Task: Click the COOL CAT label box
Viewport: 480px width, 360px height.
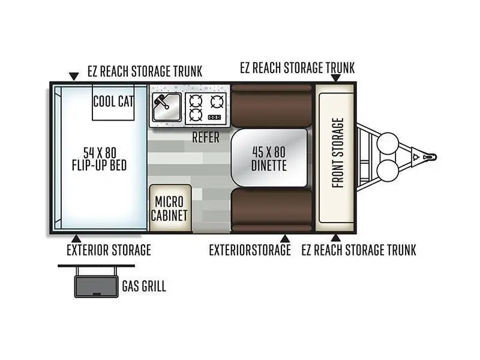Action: (x=113, y=103)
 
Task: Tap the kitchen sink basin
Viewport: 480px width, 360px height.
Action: (x=167, y=107)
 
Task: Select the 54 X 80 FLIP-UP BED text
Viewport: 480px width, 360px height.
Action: (x=99, y=159)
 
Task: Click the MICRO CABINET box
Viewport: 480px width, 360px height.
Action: (x=170, y=208)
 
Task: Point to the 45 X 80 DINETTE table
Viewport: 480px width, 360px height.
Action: (x=269, y=158)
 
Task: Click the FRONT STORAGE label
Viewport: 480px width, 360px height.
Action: (x=338, y=153)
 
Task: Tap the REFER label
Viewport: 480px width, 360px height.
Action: (x=206, y=137)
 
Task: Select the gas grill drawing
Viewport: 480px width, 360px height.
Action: (x=96, y=281)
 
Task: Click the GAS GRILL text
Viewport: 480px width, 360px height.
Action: (x=144, y=286)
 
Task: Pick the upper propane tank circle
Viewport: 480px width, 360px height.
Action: (x=388, y=143)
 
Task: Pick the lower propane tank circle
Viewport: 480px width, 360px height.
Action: (x=388, y=170)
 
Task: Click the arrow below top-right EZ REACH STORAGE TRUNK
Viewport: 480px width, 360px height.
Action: (x=336, y=78)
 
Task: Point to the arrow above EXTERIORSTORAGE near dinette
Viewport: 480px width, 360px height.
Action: (x=285, y=238)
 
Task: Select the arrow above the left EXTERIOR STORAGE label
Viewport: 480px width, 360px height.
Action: (x=76, y=238)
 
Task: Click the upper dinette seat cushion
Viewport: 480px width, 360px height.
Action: (x=271, y=106)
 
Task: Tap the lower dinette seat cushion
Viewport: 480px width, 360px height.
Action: (x=271, y=210)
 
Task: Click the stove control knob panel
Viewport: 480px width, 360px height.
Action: (x=215, y=117)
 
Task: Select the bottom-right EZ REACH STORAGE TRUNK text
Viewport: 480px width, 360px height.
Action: (x=359, y=250)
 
